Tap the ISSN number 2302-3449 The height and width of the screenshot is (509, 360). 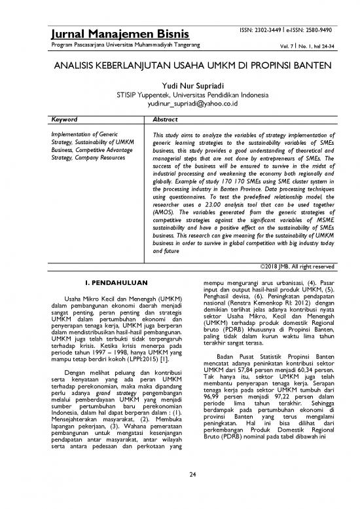270,29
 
